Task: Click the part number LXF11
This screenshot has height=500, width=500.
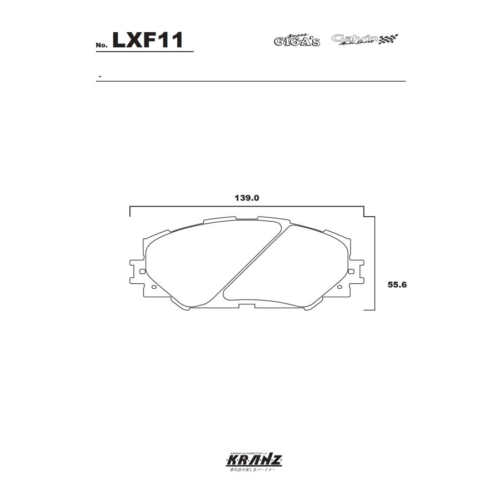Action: click(x=148, y=40)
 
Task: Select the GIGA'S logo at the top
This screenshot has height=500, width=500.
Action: click(x=297, y=40)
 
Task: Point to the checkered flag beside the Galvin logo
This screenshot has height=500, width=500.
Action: click(x=389, y=39)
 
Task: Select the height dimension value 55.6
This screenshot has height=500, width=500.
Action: click(x=398, y=284)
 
